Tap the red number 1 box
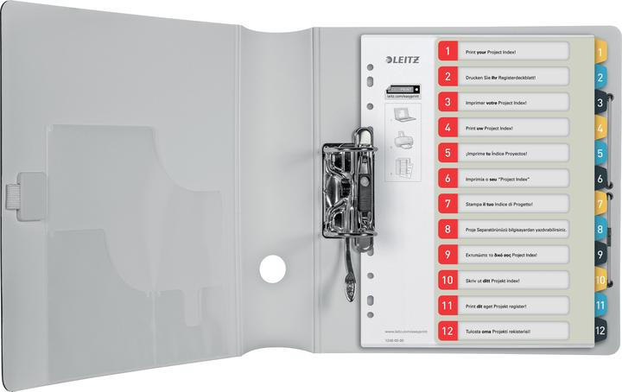point(448,52)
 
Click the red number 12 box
point(448,330)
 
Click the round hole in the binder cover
point(273,269)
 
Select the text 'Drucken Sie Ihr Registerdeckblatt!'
point(500,78)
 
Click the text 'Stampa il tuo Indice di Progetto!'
point(501,204)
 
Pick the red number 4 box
point(448,128)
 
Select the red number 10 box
point(448,280)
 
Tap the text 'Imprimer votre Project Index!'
point(498,103)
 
